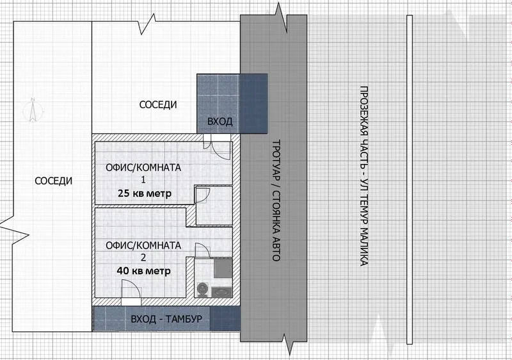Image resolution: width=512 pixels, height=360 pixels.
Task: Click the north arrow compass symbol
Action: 33,110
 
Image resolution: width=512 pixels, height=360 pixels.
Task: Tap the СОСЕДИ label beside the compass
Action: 54,181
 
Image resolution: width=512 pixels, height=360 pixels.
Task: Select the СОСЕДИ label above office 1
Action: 158,104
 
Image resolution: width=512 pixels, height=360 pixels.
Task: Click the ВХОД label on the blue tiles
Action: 220,122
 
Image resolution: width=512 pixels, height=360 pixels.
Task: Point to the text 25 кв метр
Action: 145,193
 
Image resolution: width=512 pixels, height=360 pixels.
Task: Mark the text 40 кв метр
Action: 143,271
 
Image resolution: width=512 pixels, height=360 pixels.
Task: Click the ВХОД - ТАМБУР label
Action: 166,319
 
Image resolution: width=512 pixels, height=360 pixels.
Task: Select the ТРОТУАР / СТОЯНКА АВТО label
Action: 276,200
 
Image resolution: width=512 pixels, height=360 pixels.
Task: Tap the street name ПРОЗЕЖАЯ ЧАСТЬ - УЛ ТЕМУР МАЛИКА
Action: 364,176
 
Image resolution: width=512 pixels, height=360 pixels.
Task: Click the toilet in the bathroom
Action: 203,290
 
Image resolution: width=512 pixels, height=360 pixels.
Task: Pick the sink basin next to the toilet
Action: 222,291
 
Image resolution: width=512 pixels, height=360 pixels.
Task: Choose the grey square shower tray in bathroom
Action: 223,268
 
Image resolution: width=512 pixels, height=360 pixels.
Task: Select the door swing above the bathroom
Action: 202,250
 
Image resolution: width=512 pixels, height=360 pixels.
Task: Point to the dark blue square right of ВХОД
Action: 253,104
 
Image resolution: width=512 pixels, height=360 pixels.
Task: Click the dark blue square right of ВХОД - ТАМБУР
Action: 225,318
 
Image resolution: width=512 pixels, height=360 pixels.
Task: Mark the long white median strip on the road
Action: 410,179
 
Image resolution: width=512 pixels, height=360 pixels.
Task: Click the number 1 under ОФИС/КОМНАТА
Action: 143,179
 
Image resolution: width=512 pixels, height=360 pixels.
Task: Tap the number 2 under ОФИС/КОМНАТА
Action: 143,258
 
